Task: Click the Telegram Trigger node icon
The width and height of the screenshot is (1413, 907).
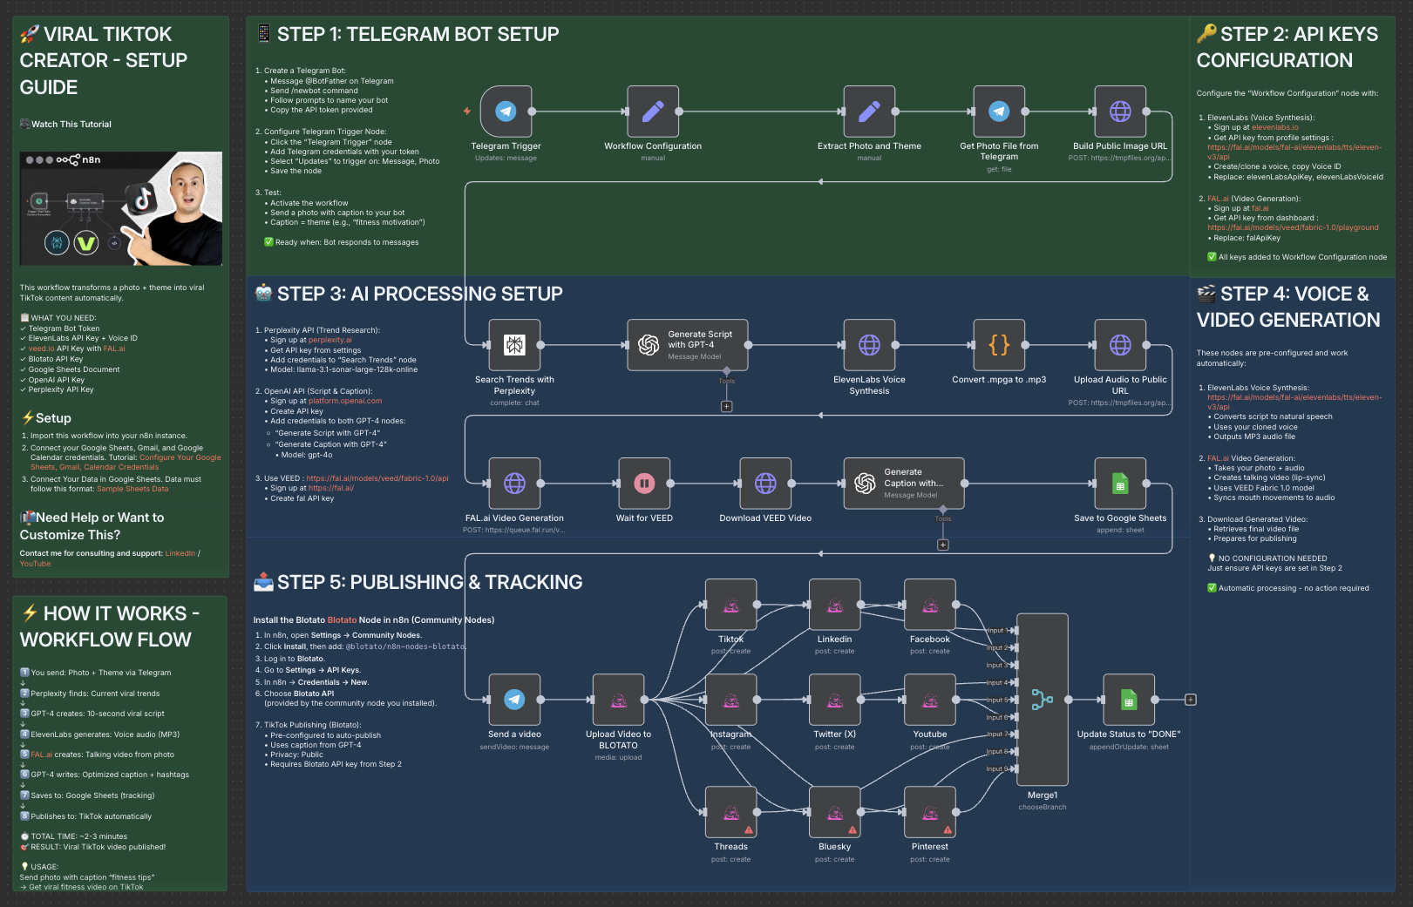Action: pyautogui.click(x=506, y=112)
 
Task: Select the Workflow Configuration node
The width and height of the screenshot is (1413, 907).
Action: pyautogui.click(x=653, y=112)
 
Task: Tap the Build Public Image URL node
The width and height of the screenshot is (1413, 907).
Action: pyautogui.click(x=1120, y=112)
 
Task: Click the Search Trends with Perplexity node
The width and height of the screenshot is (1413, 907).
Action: pyautogui.click(x=514, y=345)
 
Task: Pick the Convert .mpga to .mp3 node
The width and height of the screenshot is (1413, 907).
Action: pyautogui.click(x=999, y=345)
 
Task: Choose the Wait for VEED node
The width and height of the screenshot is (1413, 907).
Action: pyautogui.click(x=644, y=484)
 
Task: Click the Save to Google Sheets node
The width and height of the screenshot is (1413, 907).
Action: pyautogui.click(x=1120, y=484)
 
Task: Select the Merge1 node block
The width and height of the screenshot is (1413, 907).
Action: pyautogui.click(x=1043, y=700)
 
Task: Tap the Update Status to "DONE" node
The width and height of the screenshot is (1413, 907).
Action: pyautogui.click(x=1129, y=700)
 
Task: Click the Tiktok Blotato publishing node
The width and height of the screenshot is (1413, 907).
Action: pyautogui.click(x=730, y=605)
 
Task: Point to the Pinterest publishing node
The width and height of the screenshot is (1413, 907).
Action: pyautogui.click(x=930, y=812)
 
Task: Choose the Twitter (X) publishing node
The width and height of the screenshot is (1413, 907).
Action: pyautogui.click(x=834, y=700)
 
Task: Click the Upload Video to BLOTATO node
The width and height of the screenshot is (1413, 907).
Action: pyautogui.click(x=618, y=700)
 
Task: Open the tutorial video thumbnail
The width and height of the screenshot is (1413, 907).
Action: pyautogui.click(x=121, y=209)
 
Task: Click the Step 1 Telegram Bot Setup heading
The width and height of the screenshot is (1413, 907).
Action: pyautogui.click(x=418, y=35)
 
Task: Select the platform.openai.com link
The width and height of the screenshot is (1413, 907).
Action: pyautogui.click(x=345, y=402)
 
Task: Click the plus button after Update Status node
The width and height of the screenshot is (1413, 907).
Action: pyautogui.click(x=1191, y=700)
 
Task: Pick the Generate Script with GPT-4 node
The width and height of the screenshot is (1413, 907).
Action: pyautogui.click(x=687, y=345)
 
